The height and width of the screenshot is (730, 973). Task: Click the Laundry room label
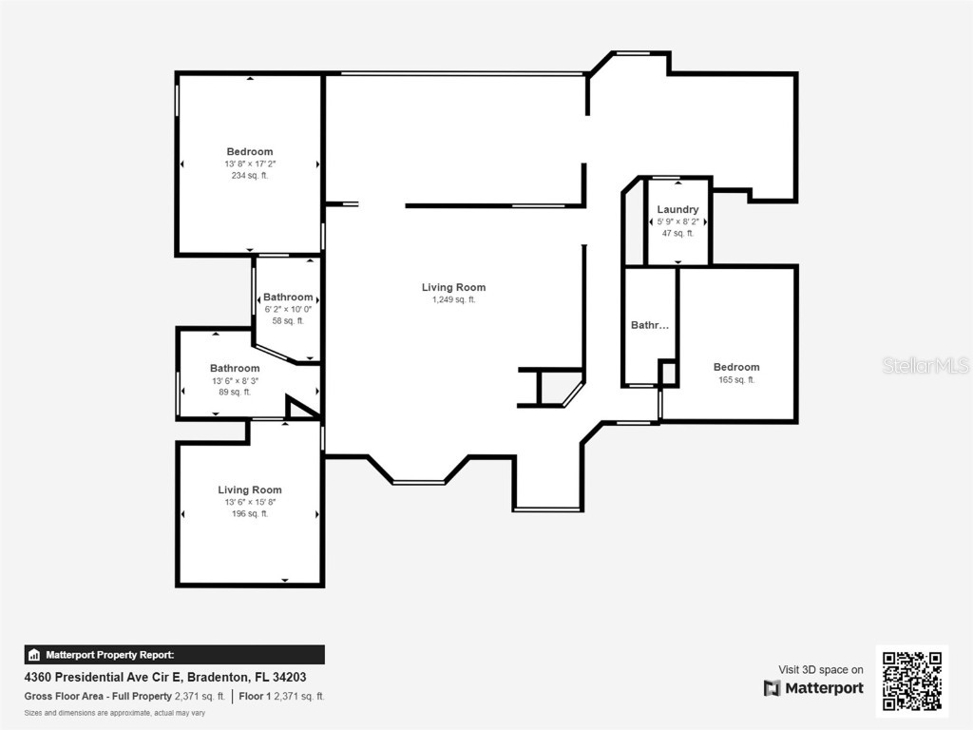tap(677, 209)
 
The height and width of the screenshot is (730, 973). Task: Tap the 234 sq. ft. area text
tap(250, 175)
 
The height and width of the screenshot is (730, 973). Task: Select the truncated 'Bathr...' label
tap(650, 325)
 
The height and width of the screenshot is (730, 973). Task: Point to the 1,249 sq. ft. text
tap(453, 299)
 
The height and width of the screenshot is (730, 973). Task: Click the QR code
tap(911, 680)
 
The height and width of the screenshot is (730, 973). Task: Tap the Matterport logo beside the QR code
tap(813, 688)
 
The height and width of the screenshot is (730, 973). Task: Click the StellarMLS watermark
tap(925, 365)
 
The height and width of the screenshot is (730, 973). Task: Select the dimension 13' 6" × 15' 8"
tap(250, 502)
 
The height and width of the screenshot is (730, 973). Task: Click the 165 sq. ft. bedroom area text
tap(736, 379)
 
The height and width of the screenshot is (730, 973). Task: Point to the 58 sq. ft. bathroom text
tap(288, 320)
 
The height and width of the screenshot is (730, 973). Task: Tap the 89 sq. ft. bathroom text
tap(235, 392)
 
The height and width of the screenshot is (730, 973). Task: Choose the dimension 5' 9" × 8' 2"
tap(677, 221)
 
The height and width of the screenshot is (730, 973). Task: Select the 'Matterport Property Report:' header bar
tap(174, 654)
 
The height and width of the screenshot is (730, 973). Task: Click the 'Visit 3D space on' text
tap(821, 669)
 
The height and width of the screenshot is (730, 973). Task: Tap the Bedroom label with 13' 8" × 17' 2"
tap(250, 151)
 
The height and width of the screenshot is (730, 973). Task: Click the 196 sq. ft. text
tap(250, 513)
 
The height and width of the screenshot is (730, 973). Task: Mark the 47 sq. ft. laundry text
tap(677, 233)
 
